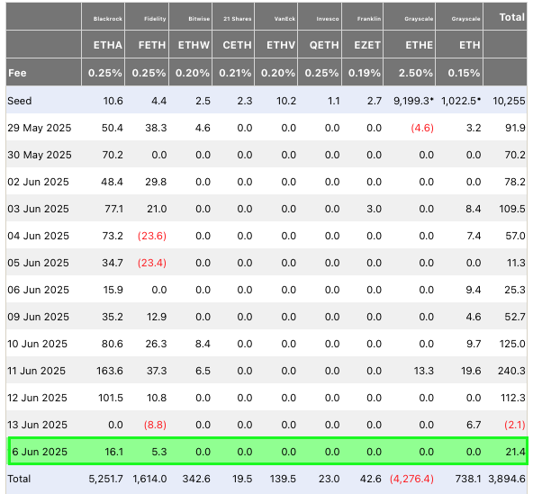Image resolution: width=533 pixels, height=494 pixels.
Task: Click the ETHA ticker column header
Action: (x=108, y=45)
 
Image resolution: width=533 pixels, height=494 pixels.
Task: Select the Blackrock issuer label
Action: (x=108, y=19)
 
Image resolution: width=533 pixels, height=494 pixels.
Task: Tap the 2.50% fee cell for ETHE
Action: (x=415, y=73)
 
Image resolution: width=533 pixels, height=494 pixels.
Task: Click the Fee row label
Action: (x=17, y=73)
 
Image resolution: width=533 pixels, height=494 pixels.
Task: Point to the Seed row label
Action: (x=20, y=101)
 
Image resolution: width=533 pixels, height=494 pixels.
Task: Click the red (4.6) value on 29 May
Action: (x=422, y=128)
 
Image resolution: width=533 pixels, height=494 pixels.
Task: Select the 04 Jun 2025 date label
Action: (x=38, y=236)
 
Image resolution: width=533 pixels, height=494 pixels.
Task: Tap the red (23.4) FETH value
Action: (x=152, y=263)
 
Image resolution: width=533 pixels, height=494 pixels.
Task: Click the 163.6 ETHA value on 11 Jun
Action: (x=110, y=371)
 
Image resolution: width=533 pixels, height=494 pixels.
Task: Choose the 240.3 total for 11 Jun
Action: (x=511, y=371)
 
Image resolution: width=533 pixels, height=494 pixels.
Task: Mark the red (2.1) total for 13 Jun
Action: (x=515, y=425)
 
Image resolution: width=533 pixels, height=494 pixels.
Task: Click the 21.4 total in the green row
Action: (x=515, y=452)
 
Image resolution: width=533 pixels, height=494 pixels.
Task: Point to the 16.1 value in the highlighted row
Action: (x=113, y=452)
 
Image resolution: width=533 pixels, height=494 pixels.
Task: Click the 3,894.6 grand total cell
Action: (x=507, y=479)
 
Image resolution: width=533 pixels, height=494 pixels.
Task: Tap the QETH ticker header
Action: (x=324, y=45)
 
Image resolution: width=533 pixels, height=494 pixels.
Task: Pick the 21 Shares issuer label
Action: (x=238, y=19)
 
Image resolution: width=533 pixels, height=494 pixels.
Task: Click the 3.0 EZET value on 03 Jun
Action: (x=374, y=209)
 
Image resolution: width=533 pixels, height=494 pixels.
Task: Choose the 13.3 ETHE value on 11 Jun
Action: (x=423, y=371)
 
